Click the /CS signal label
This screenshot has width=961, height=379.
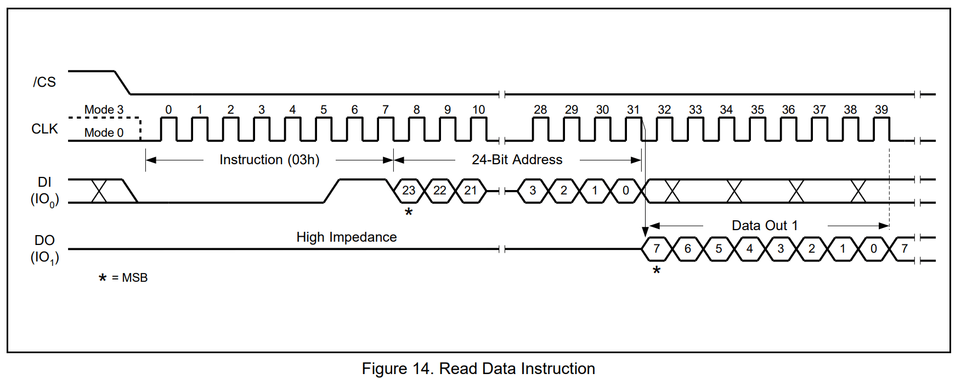(x=44, y=82)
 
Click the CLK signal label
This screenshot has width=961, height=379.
(x=44, y=129)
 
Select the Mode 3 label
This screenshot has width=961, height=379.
(x=104, y=110)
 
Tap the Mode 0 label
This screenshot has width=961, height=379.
(x=104, y=133)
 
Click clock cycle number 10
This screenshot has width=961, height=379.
(x=478, y=110)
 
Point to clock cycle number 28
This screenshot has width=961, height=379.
(x=540, y=110)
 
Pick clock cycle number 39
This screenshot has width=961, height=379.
(x=881, y=110)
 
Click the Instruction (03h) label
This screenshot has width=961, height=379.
(x=269, y=160)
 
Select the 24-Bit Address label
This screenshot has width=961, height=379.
(x=517, y=160)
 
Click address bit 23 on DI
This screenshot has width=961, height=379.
(x=409, y=191)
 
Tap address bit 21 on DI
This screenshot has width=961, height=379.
(x=471, y=191)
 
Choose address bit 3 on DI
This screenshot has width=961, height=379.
(x=533, y=191)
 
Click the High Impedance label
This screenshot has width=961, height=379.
(x=346, y=237)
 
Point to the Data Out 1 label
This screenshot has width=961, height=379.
(x=765, y=226)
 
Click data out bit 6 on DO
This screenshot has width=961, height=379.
(x=687, y=249)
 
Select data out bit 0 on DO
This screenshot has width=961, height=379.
(x=874, y=249)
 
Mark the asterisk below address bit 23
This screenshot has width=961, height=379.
(x=409, y=213)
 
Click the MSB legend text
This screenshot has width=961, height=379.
(x=134, y=278)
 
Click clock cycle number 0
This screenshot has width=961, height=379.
(x=168, y=110)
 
